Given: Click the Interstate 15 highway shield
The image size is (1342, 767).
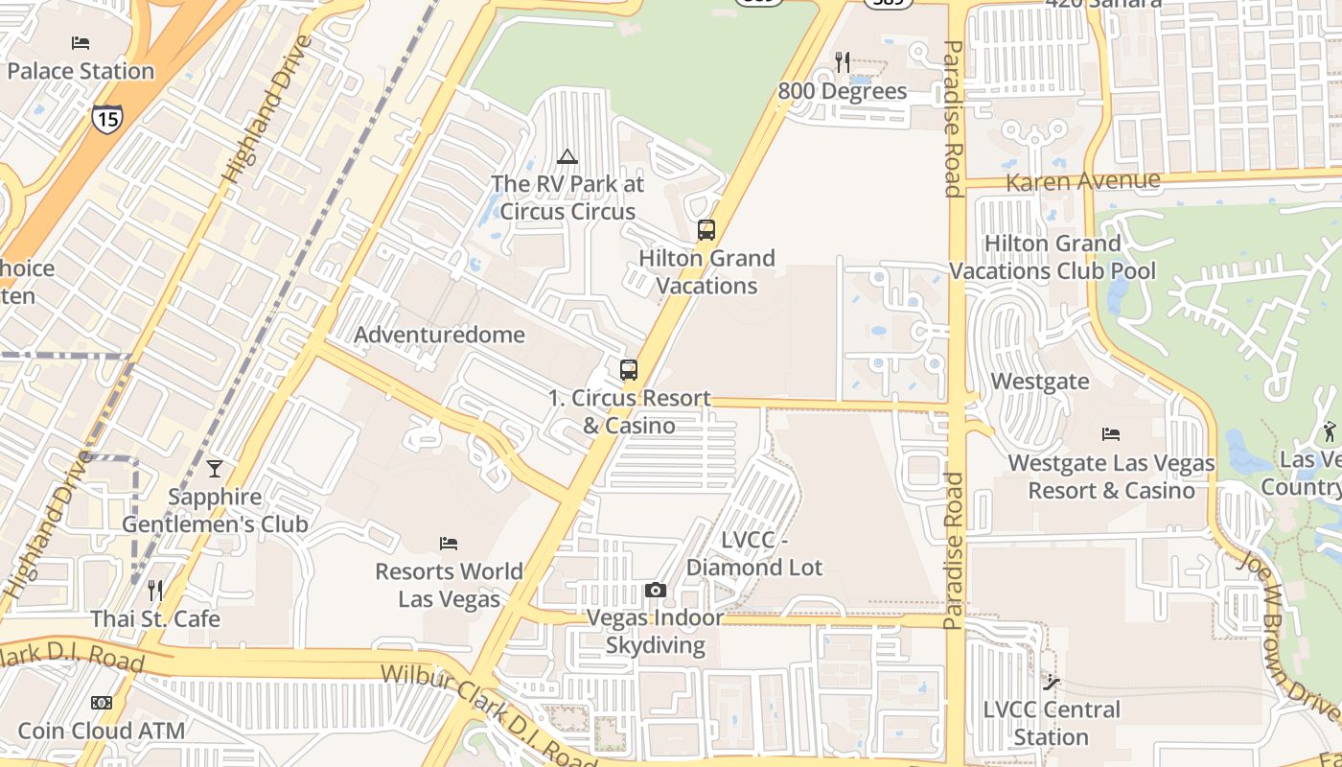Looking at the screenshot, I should [x=107, y=118].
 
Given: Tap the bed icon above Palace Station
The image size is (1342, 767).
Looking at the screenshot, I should [x=81, y=43].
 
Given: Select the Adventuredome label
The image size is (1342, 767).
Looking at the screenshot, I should [x=440, y=335].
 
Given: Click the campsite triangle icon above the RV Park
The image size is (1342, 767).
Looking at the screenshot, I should [x=567, y=156].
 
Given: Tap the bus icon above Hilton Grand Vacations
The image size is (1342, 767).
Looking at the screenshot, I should [x=706, y=230].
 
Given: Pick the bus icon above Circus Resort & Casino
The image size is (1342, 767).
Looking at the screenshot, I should [x=629, y=370].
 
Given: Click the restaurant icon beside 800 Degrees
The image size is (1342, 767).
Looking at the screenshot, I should [x=843, y=62].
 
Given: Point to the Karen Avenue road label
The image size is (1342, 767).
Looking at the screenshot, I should [x=1083, y=180].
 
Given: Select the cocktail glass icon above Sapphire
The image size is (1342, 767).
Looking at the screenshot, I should [x=215, y=469].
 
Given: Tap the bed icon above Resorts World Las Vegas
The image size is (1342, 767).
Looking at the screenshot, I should [x=449, y=544].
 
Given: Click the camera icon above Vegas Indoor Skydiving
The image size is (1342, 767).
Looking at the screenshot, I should [x=656, y=590].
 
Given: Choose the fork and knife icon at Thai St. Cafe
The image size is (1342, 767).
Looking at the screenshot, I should [x=155, y=591].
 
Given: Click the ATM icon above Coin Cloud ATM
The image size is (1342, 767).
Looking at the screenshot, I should [x=102, y=703].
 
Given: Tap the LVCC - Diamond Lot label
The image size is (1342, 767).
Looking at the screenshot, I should [x=754, y=554].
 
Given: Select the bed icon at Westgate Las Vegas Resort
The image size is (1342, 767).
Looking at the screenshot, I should [x=1111, y=434].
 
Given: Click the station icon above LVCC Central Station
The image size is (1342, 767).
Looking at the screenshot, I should [x=1052, y=683].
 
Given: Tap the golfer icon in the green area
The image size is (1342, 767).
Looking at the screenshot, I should [x=1329, y=430].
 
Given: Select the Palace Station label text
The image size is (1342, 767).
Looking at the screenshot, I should [x=81, y=71].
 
